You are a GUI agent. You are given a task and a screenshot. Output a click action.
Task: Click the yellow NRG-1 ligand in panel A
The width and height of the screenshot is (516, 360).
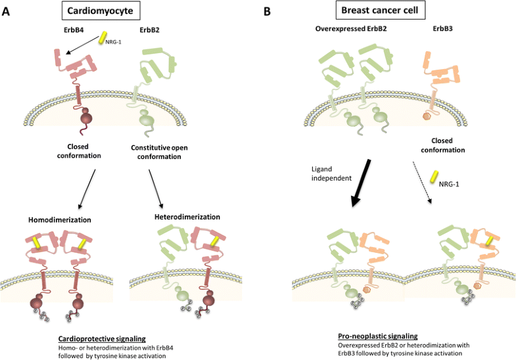(103, 40)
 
